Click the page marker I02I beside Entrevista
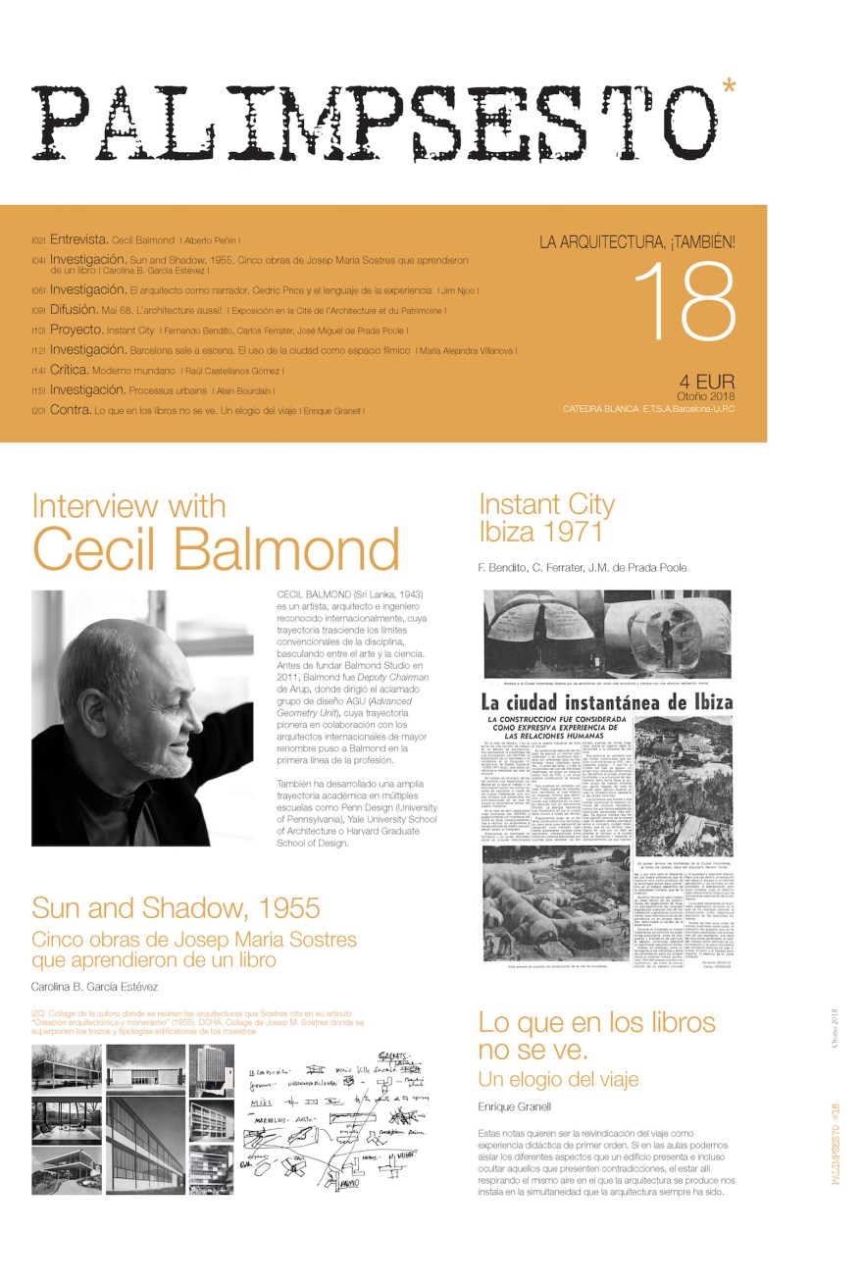(38, 240)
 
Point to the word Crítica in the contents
(69, 370)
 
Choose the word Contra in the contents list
(70, 409)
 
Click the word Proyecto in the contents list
(76, 330)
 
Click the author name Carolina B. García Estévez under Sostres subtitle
(94, 986)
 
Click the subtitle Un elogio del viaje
(558, 1079)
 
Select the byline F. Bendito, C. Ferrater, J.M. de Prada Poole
(583, 567)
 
